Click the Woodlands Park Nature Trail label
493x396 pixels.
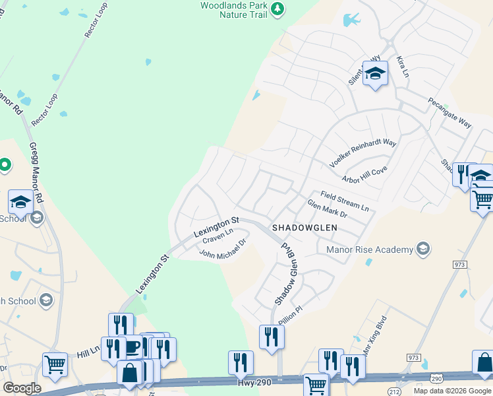(x=233, y=9)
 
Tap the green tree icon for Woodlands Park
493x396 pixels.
(x=278, y=9)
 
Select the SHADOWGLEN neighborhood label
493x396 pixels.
(x=304, y=227)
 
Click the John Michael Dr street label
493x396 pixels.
(x=222, y=249)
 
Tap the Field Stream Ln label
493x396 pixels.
(x=344, y=201)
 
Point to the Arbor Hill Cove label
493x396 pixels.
(x=364, y=175)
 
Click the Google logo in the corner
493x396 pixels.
(x=21, y=388)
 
